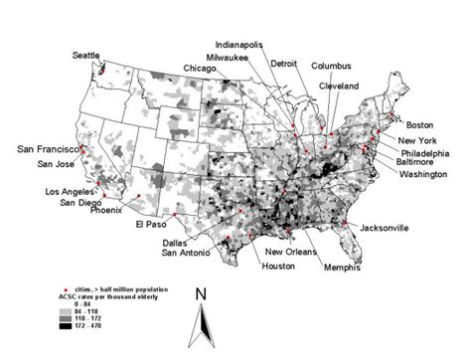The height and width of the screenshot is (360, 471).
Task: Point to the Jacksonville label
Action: coord(384,228)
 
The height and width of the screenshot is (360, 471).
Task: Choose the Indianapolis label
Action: coord(243,45)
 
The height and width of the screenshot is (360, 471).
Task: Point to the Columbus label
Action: coord(331,67)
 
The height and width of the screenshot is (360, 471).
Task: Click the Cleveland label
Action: coord(339,87)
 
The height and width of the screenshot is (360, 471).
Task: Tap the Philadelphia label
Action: coord(425,153)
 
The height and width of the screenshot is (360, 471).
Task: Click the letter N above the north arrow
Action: coord(201,293)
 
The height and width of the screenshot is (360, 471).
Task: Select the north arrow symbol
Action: coord(201,326)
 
